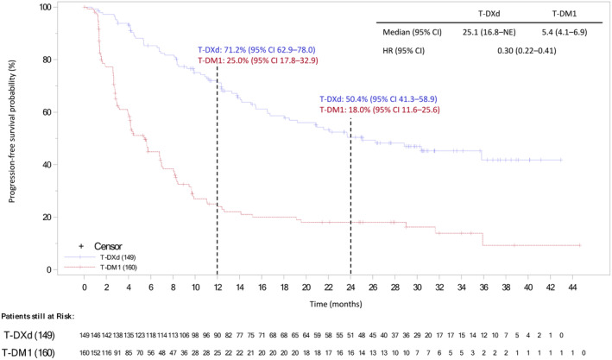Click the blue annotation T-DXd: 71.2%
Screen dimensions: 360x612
[x=252, y=49]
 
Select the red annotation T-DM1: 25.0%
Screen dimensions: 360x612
[x=252, y=60]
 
